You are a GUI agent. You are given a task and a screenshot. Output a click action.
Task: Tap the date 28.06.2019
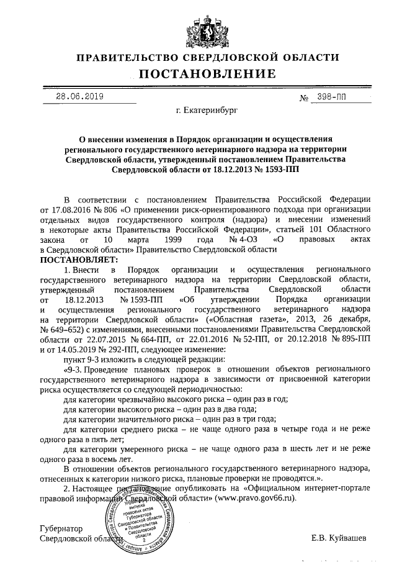tap(79, 96)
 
